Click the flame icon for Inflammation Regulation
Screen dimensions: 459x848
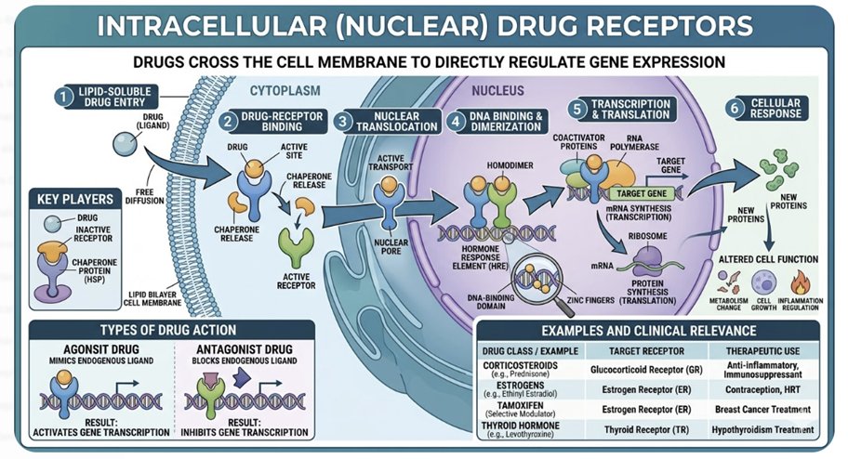[x=800, y=282]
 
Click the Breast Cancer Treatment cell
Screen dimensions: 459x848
[x=762, y=409]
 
